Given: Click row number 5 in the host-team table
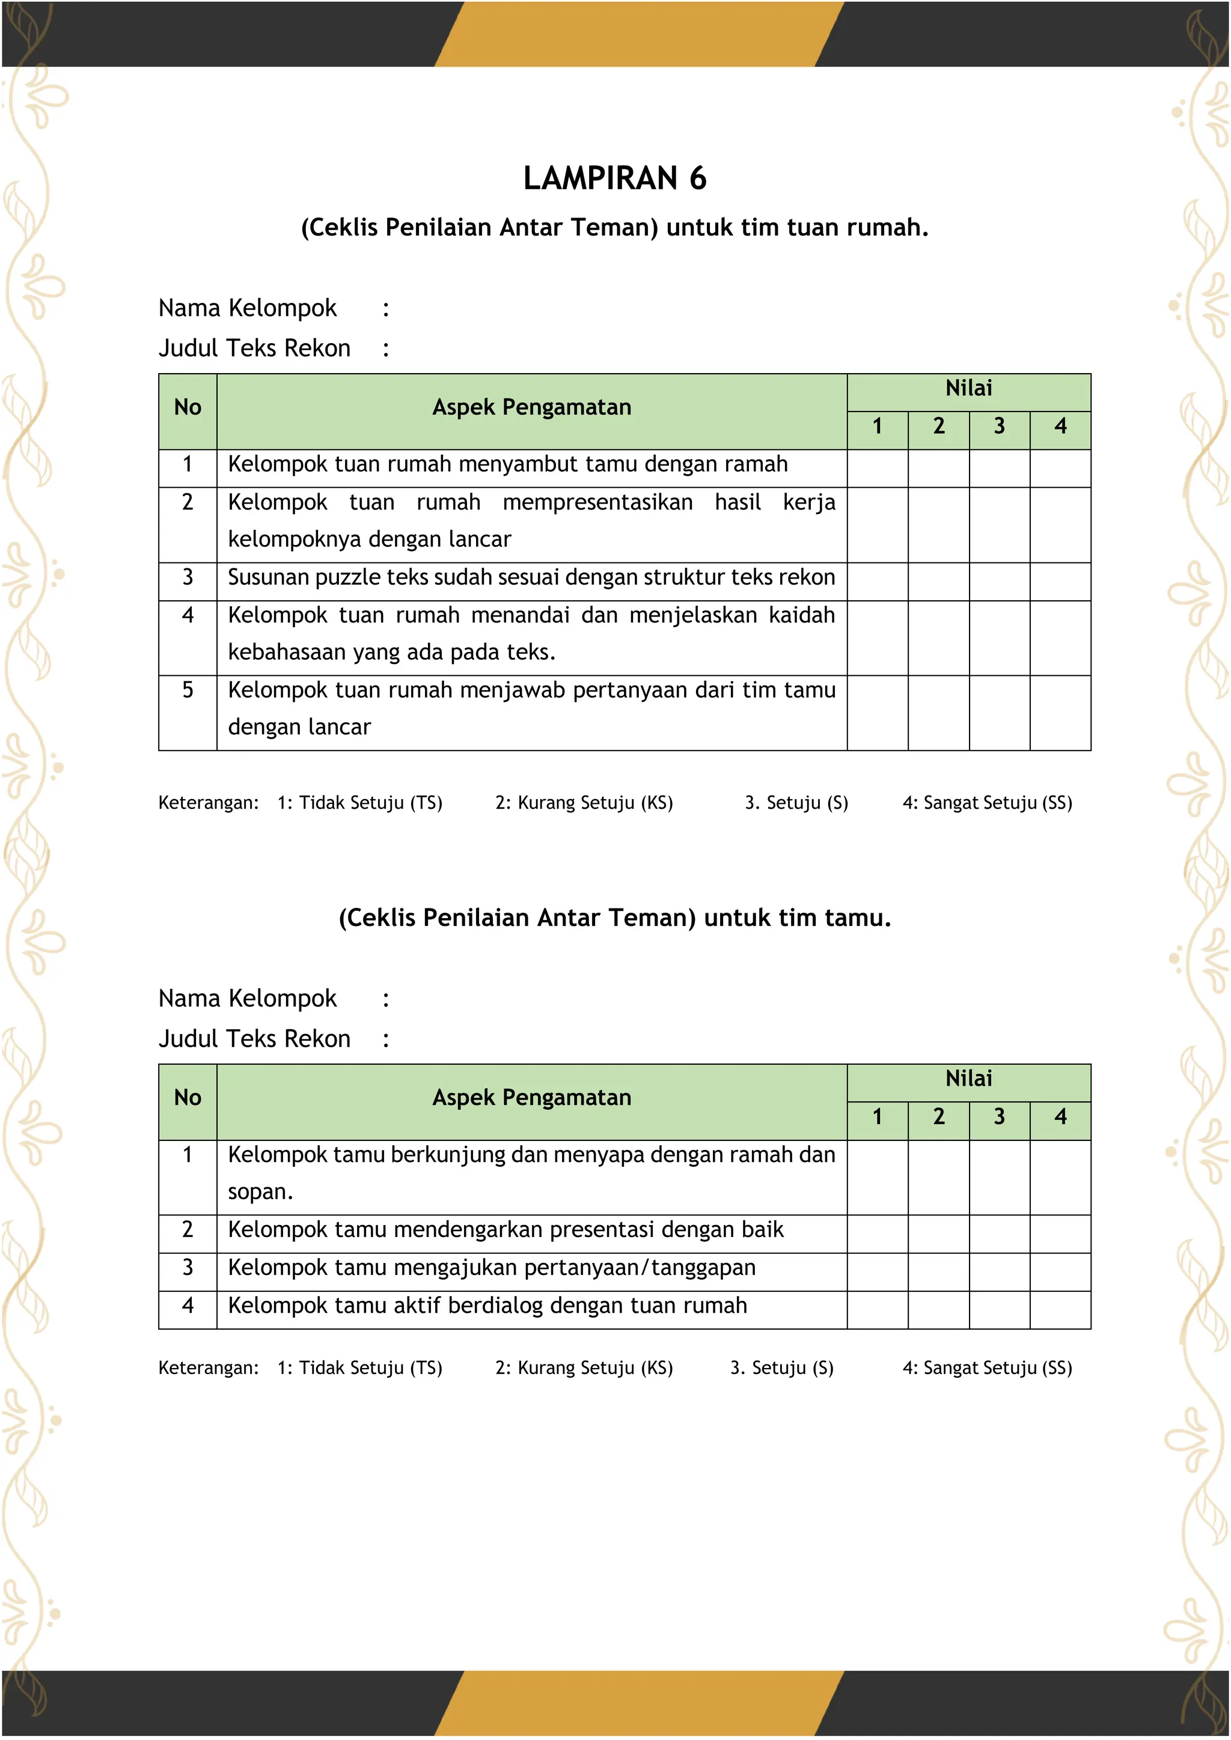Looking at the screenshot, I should (187, 690).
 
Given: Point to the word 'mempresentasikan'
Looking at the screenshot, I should (597, 502).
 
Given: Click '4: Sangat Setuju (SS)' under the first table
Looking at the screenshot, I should (987, 803).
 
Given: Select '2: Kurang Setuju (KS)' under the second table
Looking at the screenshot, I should (584, 1368).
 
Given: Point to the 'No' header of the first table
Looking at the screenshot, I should (187, 408).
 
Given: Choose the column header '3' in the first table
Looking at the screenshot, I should (999, 427).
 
